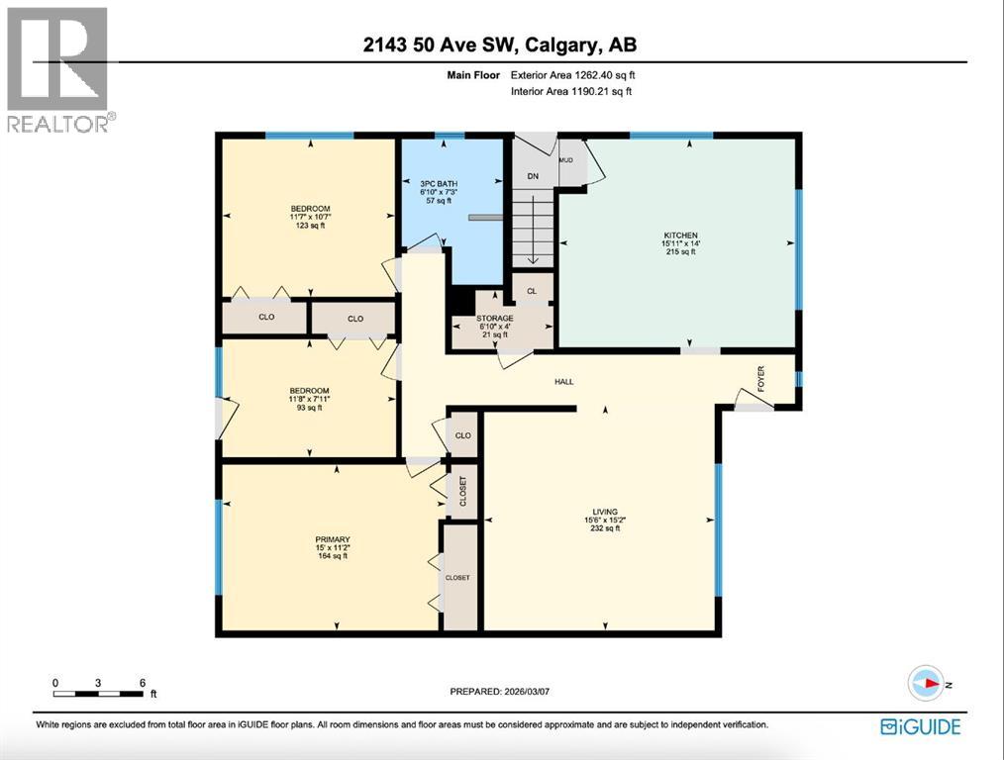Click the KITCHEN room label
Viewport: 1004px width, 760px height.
679,235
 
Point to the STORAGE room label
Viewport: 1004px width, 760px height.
494,319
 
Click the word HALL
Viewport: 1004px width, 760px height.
563,381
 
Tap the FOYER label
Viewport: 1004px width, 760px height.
761,380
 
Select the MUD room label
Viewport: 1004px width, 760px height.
566,159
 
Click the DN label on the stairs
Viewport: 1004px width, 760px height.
532,176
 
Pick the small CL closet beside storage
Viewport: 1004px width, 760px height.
532,291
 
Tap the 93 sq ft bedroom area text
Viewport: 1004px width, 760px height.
308,408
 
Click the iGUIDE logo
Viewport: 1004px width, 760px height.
920,727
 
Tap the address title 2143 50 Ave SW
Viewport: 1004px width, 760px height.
502,45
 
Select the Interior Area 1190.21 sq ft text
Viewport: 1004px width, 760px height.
570,91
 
